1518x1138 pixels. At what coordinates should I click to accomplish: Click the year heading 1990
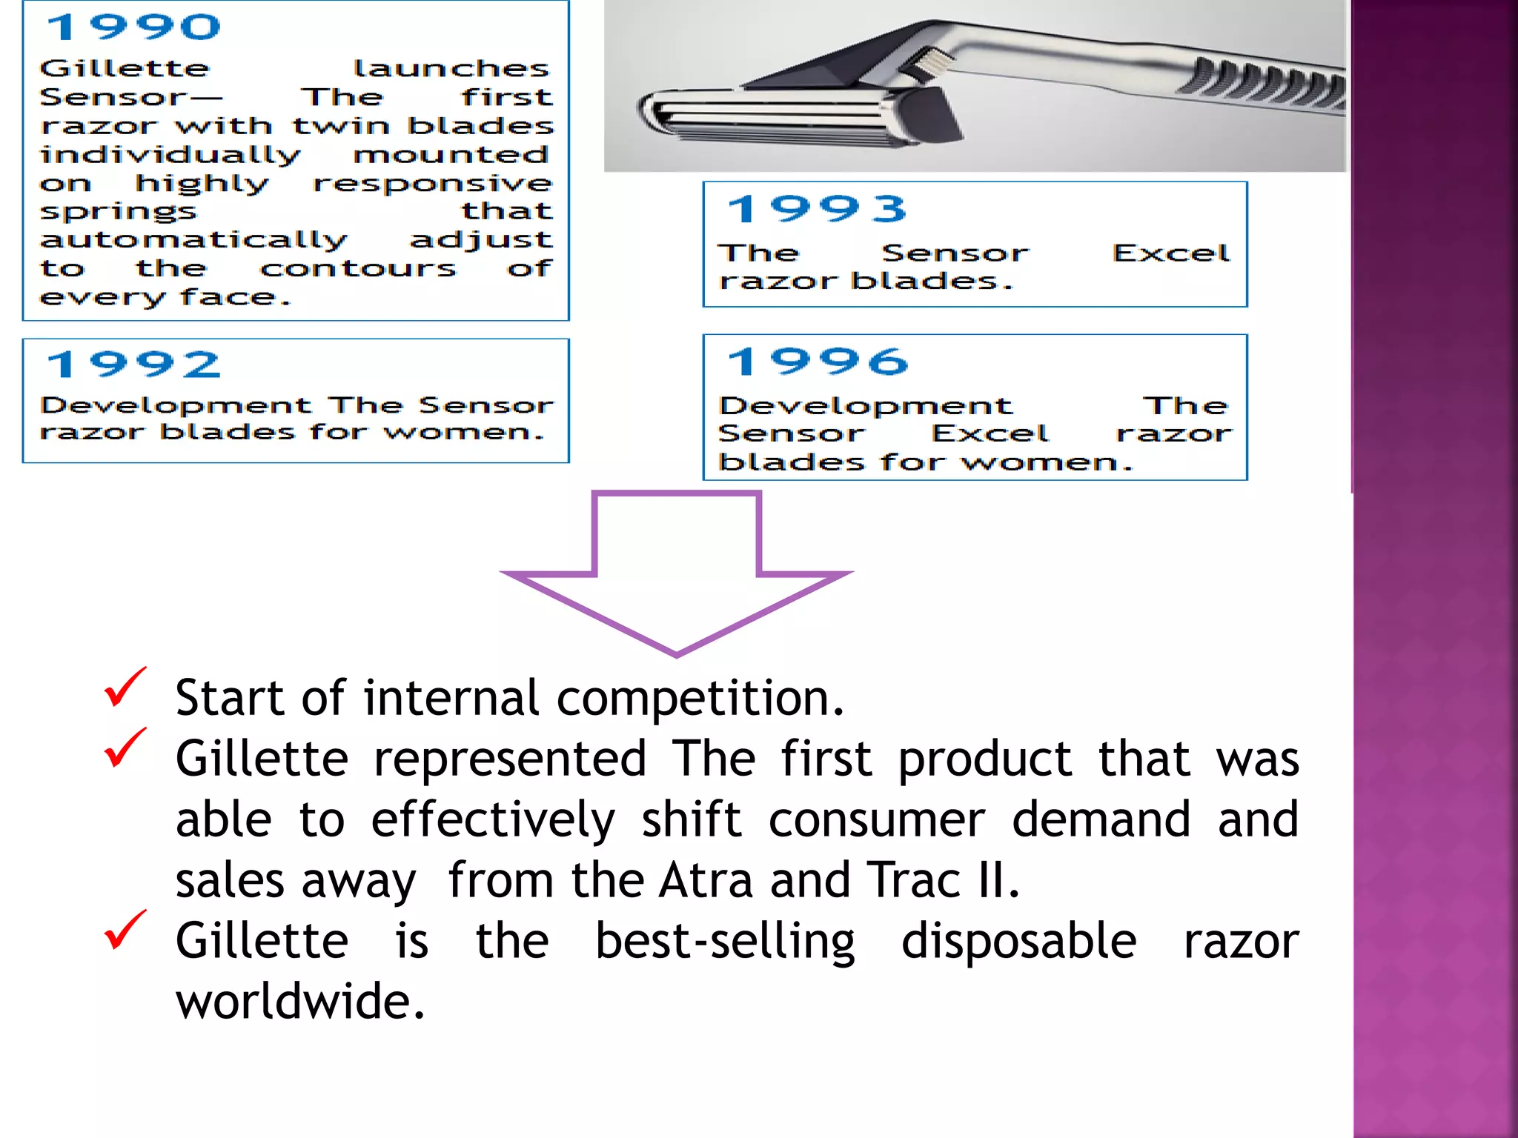tap(133, 27)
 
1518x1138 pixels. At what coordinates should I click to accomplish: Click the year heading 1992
tap(133, 365)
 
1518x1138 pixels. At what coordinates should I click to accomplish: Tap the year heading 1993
tap(817, 209)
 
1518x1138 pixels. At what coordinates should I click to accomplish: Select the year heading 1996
tap(817, 362)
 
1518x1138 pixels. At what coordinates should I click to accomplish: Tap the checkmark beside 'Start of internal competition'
tap(125, 687)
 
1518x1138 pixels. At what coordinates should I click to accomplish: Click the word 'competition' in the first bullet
tap(700, 699)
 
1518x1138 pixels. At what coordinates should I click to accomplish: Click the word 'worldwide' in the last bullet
tap(299, 1001)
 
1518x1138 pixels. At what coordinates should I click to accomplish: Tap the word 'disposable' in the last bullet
tap(1018, 941)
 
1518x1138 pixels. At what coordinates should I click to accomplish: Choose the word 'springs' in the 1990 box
tap(119, 213)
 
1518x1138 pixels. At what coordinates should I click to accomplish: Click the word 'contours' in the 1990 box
tap(358, 268)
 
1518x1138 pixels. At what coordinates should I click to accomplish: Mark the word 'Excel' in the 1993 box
tap(1170, 253)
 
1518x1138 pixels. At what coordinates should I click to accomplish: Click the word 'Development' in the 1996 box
tap(865, 407)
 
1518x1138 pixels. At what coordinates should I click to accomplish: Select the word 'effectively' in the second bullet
tap(493, 819)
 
